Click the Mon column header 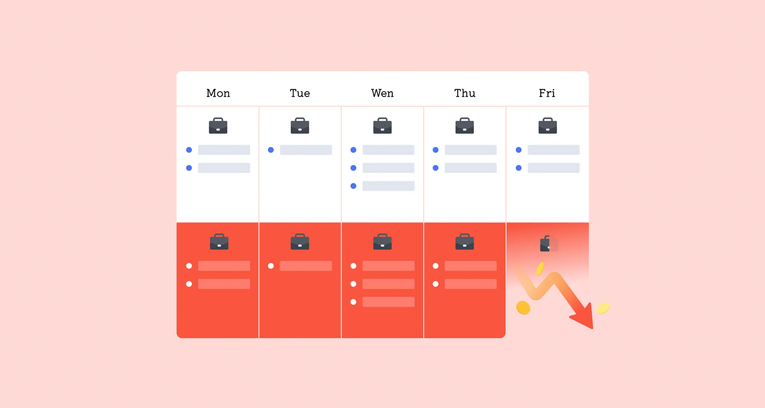[x=218, y=93]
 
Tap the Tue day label [x=300, y=93]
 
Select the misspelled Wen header [x=382, y=93]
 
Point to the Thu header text [x=465, y=93]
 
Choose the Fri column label [x=547, y=93]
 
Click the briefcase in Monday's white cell [x=218, y=125]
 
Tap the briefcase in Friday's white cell [x=548, y=125]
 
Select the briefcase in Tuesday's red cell [x=300, y=242]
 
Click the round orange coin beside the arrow [x=523, y=307]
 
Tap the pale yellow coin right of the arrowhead [x=603, y=308]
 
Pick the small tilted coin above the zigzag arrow [x=540, y=268]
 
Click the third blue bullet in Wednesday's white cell [x=353, y=186]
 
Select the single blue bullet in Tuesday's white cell [x=271, y=150]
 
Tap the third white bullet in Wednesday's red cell [x=353, y=302]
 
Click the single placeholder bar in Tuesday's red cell [x=306, y=266]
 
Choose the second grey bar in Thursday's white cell [x=470, y=168]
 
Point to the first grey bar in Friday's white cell [x=553, y=150]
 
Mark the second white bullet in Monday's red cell [x=189, y=284]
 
